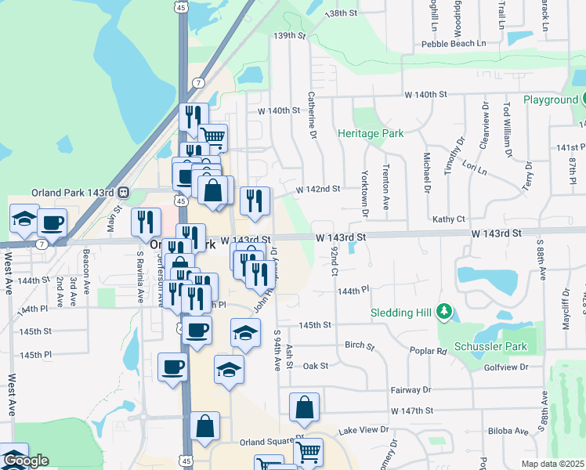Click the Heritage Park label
371,133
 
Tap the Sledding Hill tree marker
444,313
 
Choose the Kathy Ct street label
449,219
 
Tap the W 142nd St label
318,189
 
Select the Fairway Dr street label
411,389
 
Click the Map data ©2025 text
553,464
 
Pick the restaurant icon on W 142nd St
255,202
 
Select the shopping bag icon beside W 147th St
304,408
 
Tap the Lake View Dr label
364,430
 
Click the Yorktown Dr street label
364,193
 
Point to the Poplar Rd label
431,352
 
